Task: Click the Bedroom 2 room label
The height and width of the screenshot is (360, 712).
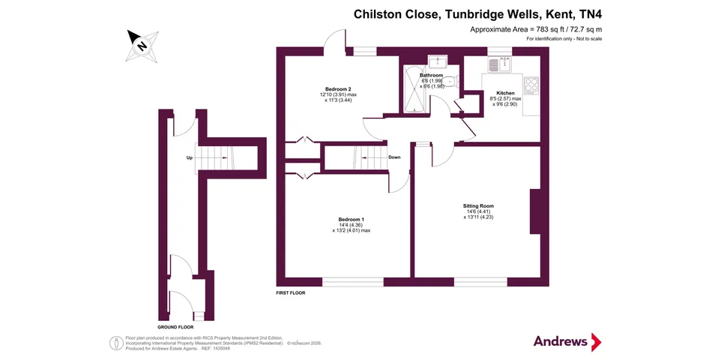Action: (x=338, y=89)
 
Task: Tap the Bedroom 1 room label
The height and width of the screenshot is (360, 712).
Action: (x=351, y=219)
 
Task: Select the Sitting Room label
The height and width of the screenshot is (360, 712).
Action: (x=478, y=205)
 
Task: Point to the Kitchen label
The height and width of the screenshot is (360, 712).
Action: (x=506, y=93)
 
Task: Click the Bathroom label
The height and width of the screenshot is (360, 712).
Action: (x=431, y=76)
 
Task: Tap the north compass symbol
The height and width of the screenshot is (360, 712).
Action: (x=141, y=43)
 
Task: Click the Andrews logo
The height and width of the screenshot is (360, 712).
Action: (x=567, y=342)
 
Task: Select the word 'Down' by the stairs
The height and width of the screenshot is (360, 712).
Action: (x=394, y=157)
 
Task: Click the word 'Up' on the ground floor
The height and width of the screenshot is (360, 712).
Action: (x=190, y=157)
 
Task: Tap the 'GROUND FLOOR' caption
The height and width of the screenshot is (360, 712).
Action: (x=175, y=327)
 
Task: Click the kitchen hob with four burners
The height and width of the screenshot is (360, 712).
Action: (x=531, y=85)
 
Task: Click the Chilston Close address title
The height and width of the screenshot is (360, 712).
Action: (x=477, y=13)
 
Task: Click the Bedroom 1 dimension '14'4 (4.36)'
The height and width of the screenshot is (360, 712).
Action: (x=351, y=225)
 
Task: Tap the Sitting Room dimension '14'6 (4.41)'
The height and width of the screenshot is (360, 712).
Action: (x=478, y=211)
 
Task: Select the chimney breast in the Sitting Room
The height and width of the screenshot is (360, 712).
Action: (x=535, y=211)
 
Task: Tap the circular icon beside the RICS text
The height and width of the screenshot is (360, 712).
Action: (x=117, y=342)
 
